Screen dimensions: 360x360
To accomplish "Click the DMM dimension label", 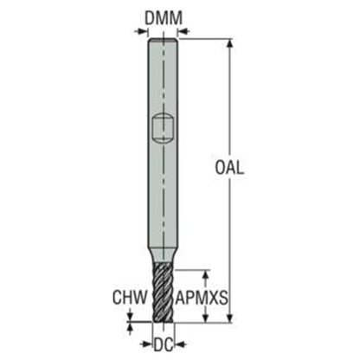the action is [164, 18].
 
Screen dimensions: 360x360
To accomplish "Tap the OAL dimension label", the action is [229, 168].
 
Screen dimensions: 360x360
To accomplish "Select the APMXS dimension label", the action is [202, 298].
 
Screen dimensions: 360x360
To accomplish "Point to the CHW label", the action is [130, 298].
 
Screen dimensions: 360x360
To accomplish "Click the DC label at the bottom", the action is [164, 344].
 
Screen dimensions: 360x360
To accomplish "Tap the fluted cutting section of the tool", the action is [163, 292].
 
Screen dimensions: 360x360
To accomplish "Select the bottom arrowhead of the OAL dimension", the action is [229, 317].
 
